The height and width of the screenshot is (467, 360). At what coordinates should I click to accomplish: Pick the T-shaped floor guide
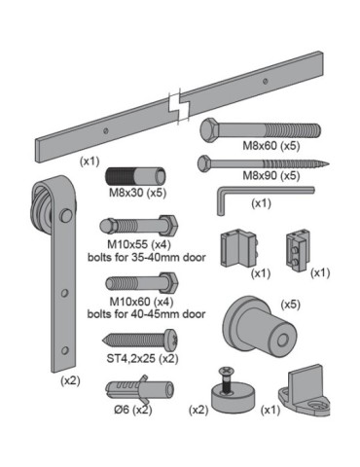[309, 394]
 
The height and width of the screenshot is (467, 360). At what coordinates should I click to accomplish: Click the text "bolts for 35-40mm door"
[147, 260]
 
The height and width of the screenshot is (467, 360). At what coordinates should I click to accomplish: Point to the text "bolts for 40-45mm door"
[147, 313]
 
